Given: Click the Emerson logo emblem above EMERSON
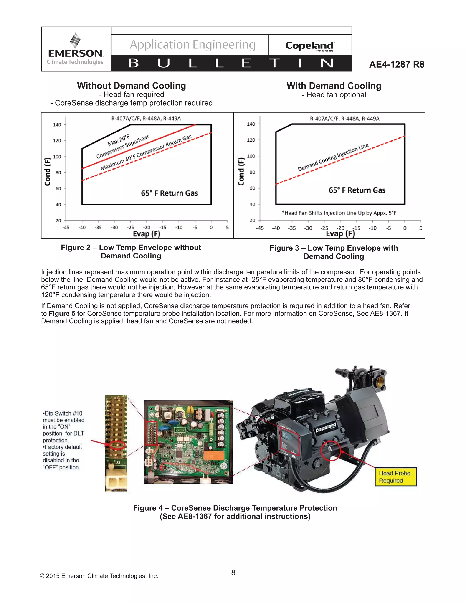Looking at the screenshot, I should pyautogui.click(x=75, y=40).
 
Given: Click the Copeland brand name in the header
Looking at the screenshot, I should pyautogui.click(x=309, y=46).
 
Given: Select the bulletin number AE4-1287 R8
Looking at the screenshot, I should pyautogui.click(x=396, y=64).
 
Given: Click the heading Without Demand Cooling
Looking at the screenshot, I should pyautogui.click(x=132, y=86).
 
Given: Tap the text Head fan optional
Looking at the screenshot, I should pyautogui.click(x=334, y=95).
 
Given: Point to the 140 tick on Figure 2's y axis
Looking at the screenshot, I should pyautogui.click(x=57, y=124).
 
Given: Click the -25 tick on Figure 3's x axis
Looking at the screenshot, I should pyautogui.click(x=324, y=228).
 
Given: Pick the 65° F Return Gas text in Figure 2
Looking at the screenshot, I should pyautogui.click(x=169, y=193).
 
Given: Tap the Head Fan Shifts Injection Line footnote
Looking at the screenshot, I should pyautogui.click(x=339, y=213).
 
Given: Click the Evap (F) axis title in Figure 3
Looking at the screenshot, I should pyautogui.click(x=340, y=234).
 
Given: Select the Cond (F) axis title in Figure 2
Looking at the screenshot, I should pyautogui.click(x=48, y=172).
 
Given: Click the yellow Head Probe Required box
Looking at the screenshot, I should pyautogui.click(x=395, y=477).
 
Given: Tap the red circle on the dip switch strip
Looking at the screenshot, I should pyautogui.click(x=117, y=445).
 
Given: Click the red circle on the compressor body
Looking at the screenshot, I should pyautogui.click(x=330, y=451).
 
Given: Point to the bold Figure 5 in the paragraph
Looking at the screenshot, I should pyautogui.click(x=62, y=313).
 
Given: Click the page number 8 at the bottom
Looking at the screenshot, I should pyautogui.click(x=233, y=572).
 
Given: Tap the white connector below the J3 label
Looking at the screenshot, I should pyautogui.click(x=116, y=480).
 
